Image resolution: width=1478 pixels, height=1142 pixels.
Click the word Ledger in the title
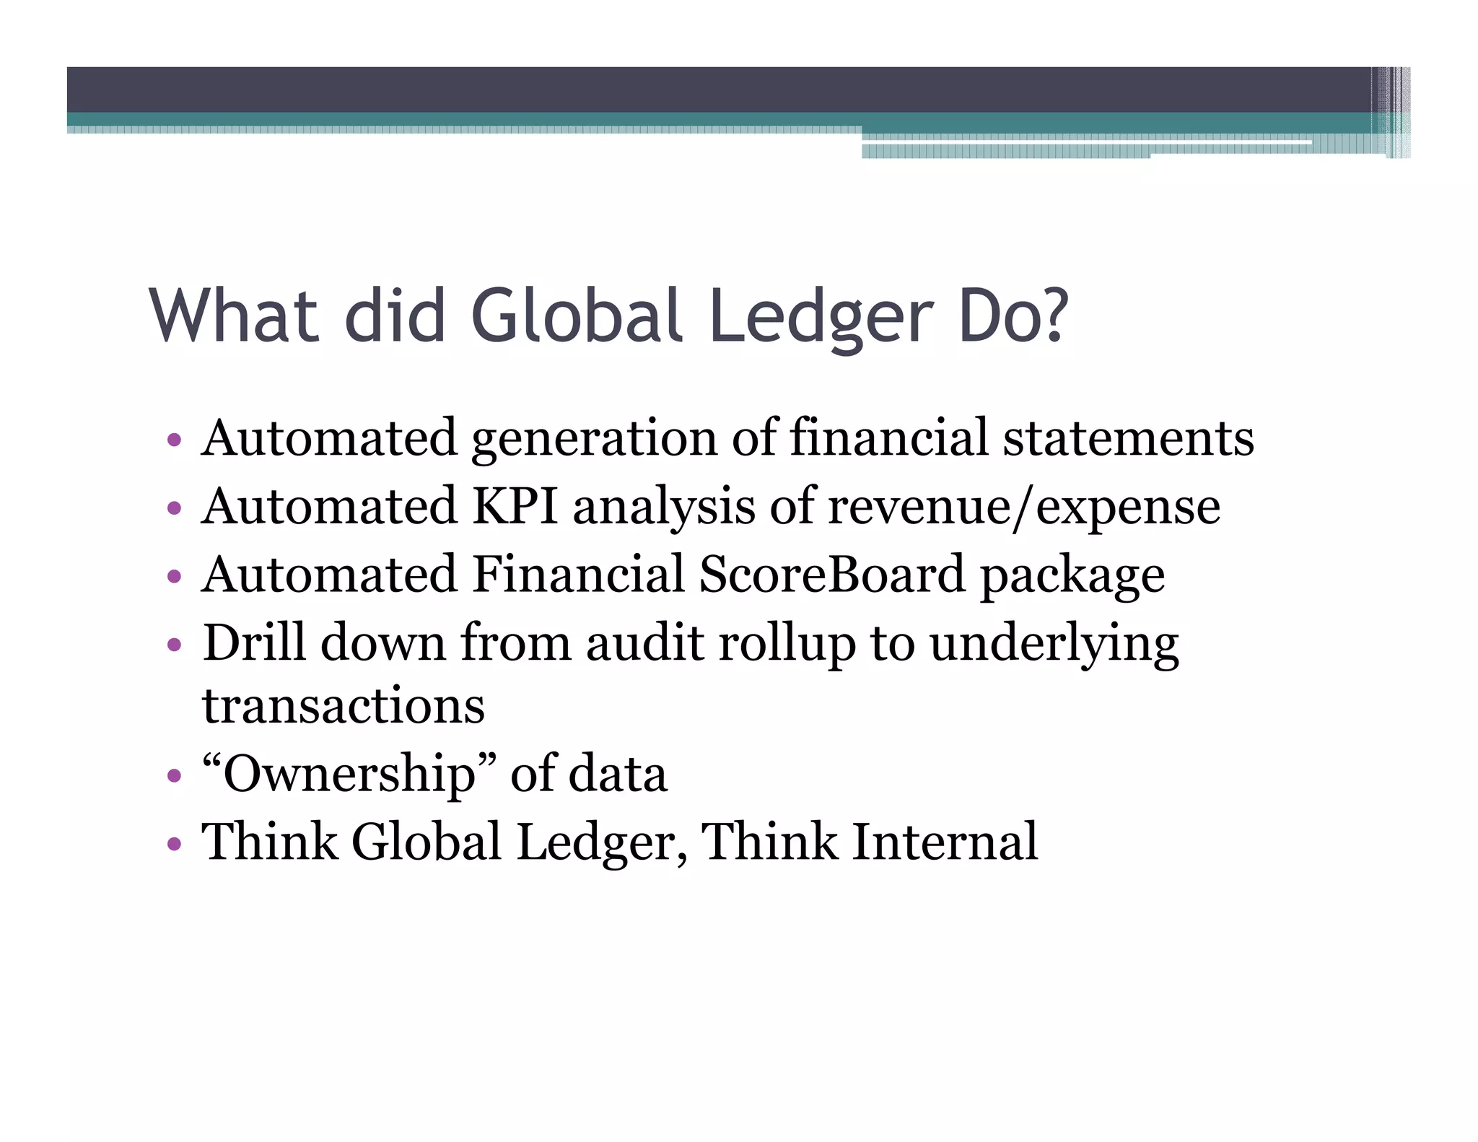[821, 318]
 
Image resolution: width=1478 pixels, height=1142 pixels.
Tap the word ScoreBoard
[831, 574]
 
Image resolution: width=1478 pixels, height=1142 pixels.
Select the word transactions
[344, 705]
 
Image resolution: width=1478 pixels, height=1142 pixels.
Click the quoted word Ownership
[349, 775]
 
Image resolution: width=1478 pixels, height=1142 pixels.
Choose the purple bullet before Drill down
[173, 644]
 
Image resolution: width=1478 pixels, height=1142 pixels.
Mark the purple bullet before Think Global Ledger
[173, 843]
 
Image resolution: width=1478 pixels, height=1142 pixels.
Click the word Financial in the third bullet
[577, 574]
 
